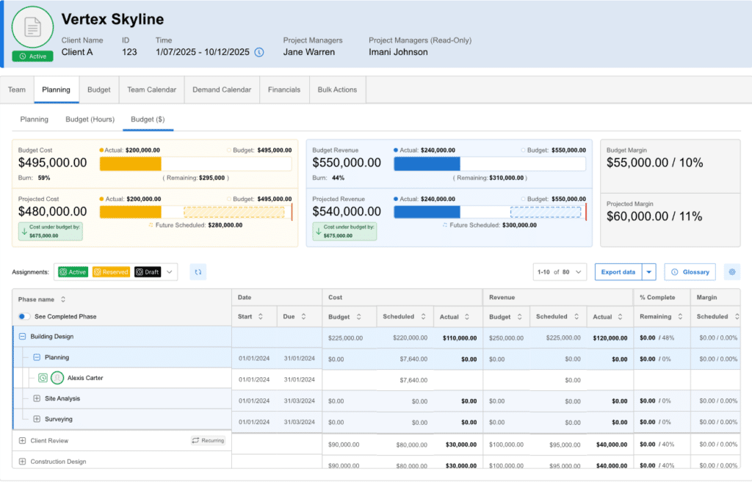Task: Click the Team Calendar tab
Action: point(151,90)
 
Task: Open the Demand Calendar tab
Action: point(222,90)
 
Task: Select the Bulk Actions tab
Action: point(337,90)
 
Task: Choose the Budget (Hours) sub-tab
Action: point(90,119)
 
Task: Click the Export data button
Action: point(618,271)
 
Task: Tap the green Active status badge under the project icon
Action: point(32,56)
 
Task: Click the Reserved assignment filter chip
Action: point(110,272)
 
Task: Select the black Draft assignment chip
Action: point(147,272)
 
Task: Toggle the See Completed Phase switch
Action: point(24,316)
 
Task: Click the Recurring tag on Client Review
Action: point(209,440)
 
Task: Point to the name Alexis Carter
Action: point(85,378)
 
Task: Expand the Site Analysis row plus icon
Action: point(37,398)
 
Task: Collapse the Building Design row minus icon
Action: point(22,337)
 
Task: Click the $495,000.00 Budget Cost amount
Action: point(53,163)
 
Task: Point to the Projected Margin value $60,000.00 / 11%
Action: point(654,216)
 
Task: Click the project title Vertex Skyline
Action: point(112,19)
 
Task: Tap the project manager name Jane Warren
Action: point(308,52)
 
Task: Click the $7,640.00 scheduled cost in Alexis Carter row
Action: point(413,380)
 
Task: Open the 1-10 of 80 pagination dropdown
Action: point(560,271)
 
